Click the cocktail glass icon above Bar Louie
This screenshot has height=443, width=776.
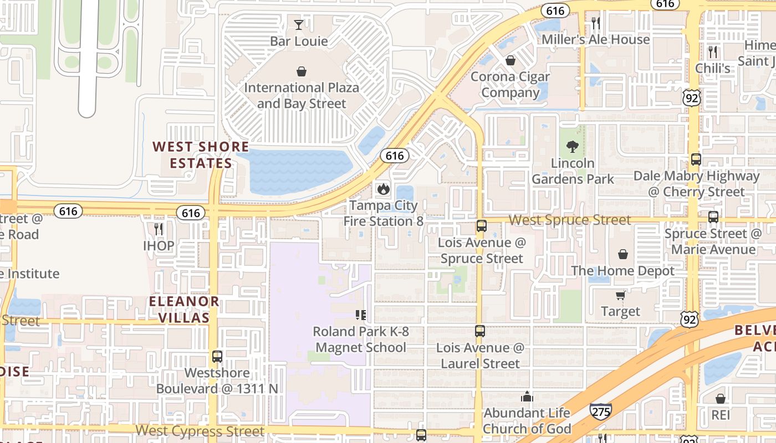tap(299, 25)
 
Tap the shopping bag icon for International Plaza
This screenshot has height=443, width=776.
tap(302, 71)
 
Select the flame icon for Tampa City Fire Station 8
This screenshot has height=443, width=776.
tap(383, 189)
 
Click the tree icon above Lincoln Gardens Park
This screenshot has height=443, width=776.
tap(573, 147)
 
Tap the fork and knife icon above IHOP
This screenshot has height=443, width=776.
tap(159, 229)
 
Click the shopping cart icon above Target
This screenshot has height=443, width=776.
tap(620, 296)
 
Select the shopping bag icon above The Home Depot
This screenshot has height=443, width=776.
tap(623, 255)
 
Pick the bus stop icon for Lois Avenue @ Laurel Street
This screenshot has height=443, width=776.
tap(480, 331)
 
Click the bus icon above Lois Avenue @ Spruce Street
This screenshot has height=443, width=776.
tap(481, 226)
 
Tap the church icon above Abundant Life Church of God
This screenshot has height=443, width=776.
tap(527, 396)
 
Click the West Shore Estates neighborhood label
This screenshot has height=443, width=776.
tap(201, 154)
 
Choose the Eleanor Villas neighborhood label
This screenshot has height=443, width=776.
tap(184, 310)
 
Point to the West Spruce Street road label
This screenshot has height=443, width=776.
tap(570, 220)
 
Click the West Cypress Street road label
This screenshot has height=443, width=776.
tap(200, 431)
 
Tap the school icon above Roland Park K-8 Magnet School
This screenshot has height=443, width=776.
tap(361, 315)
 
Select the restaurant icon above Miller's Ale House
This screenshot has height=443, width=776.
tap(596, 23)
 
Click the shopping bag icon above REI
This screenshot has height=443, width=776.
tap(720, 399)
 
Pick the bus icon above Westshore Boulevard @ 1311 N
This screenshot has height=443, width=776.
tap(217, 357)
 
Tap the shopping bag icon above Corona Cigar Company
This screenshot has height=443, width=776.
tap(510, 60)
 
